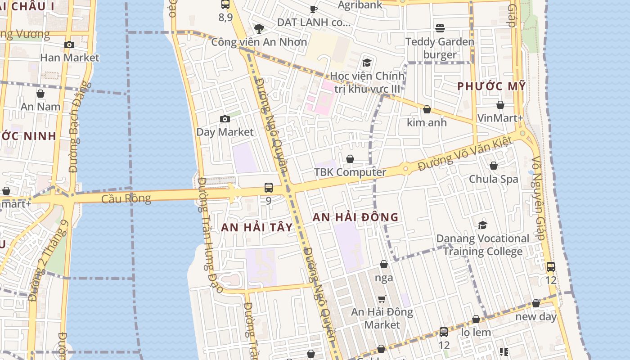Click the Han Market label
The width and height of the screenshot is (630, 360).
pos(69,58)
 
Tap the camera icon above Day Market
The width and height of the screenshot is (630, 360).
pos(225,119)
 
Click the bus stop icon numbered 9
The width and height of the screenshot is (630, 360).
pos(269,188)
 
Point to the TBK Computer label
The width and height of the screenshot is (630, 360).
pos(350,172)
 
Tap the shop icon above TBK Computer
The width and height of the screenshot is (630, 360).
pos(350,159)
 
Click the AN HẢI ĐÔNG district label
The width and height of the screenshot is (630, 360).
pos(355,217)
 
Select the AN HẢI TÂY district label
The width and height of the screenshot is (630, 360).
pos(257,228)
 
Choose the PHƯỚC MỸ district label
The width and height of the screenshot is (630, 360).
pos(491,86)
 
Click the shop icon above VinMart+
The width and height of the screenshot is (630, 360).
pos(500,105)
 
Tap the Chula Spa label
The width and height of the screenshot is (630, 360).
pos(494,179)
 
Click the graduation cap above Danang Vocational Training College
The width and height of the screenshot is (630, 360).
pos(483,225)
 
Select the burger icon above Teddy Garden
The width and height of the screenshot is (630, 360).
pos(440,28)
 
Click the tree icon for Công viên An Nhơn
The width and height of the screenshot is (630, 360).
pos(259,29)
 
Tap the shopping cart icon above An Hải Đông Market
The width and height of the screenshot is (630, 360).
pos(382,299)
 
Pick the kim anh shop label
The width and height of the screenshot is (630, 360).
pos(427,122)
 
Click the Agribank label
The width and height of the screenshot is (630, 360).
pos(360,5)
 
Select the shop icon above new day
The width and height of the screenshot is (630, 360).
pos(536,304)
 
